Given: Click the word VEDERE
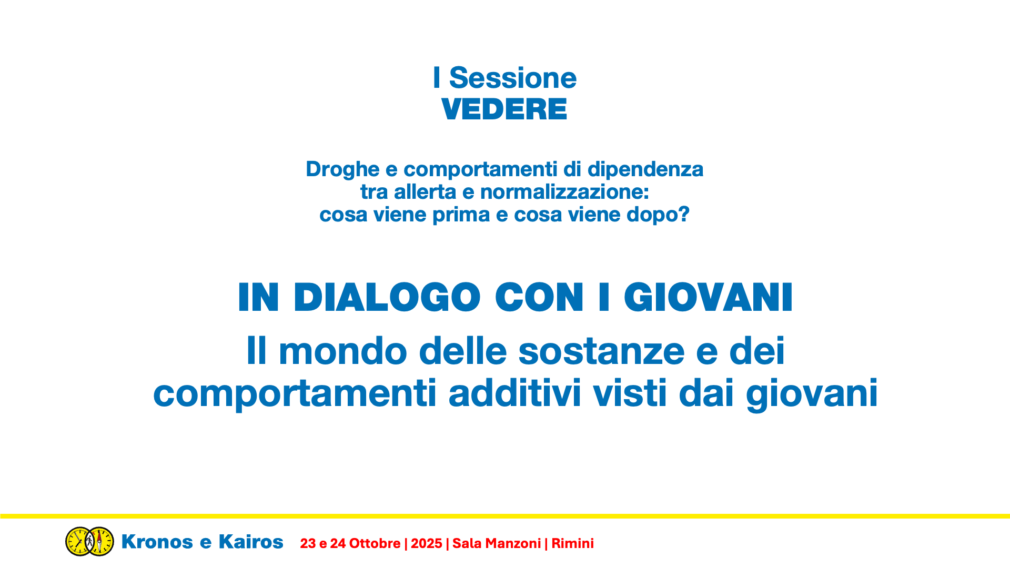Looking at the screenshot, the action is (x=504, y=109).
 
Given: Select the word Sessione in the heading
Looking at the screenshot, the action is (x=513, y=78).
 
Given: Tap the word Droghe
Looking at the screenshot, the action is (x=342, y=170).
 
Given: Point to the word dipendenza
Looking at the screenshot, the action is (x=645, y=170).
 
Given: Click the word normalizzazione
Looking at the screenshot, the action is (x=564, y=192).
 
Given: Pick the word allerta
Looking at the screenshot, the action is (x=425, y=192).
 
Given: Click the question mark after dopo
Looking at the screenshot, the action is (x=684, y=214).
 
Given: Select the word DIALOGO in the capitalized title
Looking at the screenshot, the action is (x=387, y=298).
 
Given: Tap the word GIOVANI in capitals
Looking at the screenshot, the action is (x=708, y=298).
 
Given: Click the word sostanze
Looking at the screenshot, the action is (x=601, y=351).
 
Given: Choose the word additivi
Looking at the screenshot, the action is (x=514, y=393).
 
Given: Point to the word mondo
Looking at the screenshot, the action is (x=342, y=351).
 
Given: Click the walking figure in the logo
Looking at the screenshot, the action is (x=90, y=541).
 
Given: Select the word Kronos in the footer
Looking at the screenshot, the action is (x=157, y=542).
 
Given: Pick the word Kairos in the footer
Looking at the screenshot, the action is (x=251, y=542).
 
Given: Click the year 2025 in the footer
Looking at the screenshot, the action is (x=427, y=544).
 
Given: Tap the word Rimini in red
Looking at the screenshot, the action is (x=573, y=544).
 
